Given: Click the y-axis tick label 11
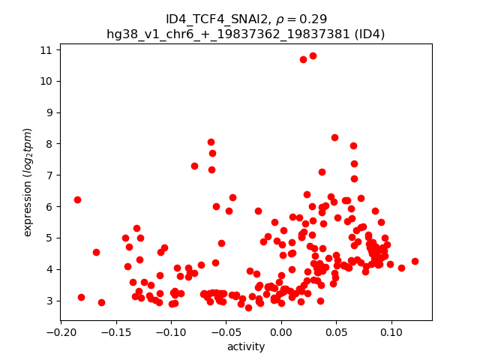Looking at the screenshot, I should click(46, 50).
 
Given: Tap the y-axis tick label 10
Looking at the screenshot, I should click(46, 81).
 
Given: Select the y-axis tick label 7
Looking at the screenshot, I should click(49, 175).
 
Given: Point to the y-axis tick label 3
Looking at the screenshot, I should click(49, 301).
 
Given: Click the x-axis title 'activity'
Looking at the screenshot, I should click(246, 346).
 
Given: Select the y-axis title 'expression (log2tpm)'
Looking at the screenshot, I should click(28, 181).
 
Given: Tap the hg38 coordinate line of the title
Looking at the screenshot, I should click(246, 34).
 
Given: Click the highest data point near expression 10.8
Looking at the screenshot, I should click(313, 55).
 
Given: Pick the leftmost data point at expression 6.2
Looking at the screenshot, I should click(77, 199).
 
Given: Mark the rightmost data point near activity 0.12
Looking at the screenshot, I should click(415, 261).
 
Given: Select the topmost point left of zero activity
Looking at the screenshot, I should click(211, 142).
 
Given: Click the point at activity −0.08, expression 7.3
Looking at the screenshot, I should click(194, 166).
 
